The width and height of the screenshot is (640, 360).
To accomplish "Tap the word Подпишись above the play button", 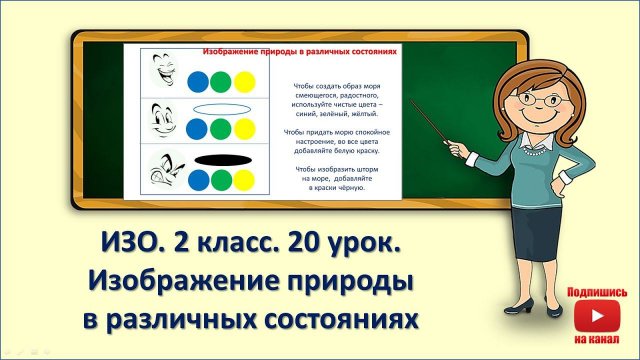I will pos(597,293).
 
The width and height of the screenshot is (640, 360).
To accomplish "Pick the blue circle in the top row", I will pos(198,80).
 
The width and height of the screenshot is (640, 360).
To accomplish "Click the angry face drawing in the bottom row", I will pos(161,170).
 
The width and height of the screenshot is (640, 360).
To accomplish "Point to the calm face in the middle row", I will pos(161,122).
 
